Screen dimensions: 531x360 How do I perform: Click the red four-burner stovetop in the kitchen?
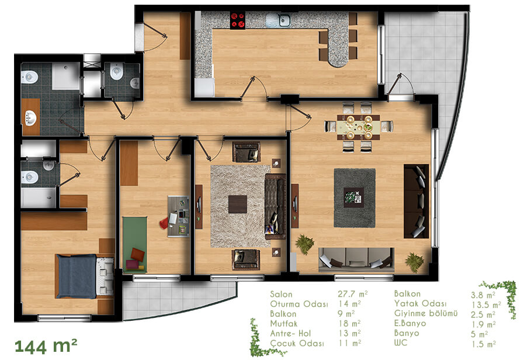coord(237,20)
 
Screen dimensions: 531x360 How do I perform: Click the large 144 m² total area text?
coord(46,346)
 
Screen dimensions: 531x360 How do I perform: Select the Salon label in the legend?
coord(281,295)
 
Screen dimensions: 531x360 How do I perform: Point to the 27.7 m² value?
coord(352,293)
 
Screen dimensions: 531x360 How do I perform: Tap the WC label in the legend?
coord(400,342)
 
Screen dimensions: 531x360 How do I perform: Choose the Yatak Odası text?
coord(420,303)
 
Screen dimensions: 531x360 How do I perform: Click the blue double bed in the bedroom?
coord(85,276)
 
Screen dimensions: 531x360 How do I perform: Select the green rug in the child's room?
coord(135,244)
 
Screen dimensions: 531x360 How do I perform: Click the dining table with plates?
coord(358,127)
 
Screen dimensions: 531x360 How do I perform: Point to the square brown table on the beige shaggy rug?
coord(237,204)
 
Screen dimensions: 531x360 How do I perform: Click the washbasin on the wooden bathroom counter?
coord(30,118)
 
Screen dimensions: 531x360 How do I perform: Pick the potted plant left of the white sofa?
coord(305,244)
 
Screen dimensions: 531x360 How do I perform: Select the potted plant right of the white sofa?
coord(415,262)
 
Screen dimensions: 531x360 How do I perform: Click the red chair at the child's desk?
coord(165,223)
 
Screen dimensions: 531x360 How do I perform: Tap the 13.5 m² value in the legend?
coord(486,304)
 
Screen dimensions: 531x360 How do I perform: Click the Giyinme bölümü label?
coord(426,313)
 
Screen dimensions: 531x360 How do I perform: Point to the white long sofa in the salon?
coord(356,259)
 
